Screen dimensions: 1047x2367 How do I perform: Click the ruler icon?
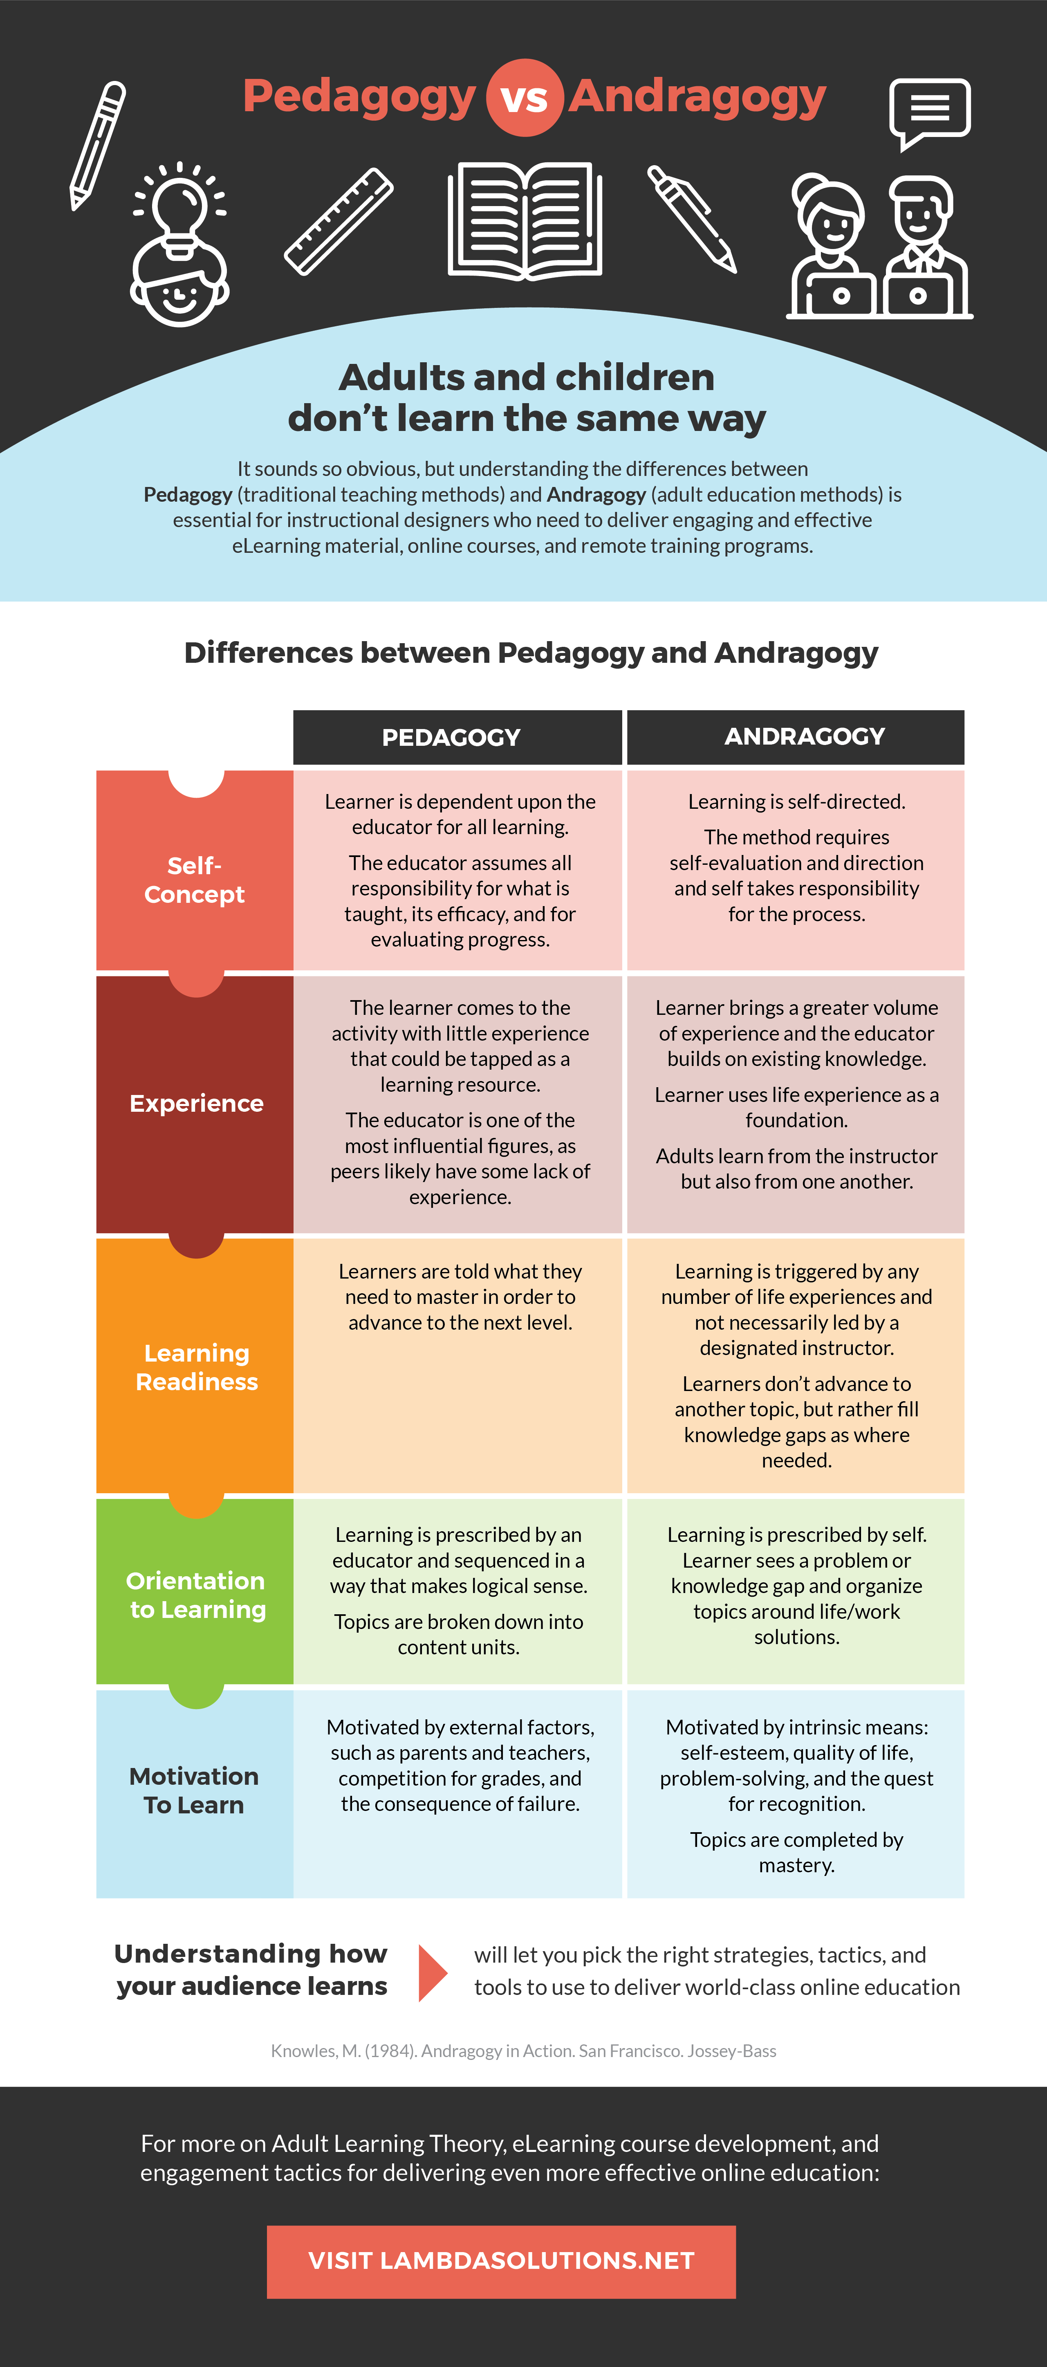coord(339,222)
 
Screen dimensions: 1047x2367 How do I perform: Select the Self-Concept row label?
coord(195,879)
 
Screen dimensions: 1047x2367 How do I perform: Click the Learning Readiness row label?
coord(197,1367)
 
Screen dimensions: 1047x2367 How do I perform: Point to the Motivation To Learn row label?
coord(194,1790)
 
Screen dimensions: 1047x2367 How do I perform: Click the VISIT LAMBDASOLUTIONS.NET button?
coord(502,2262)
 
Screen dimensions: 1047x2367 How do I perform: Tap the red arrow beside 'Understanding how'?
coord(432,1973)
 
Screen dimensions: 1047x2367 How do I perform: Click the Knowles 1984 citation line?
coord(523,2051)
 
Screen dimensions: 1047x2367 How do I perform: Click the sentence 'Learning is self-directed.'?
coord(796,801)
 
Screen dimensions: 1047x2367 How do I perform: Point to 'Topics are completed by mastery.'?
coord(796,1851)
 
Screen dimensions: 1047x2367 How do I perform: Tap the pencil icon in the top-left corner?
coord(97,145)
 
